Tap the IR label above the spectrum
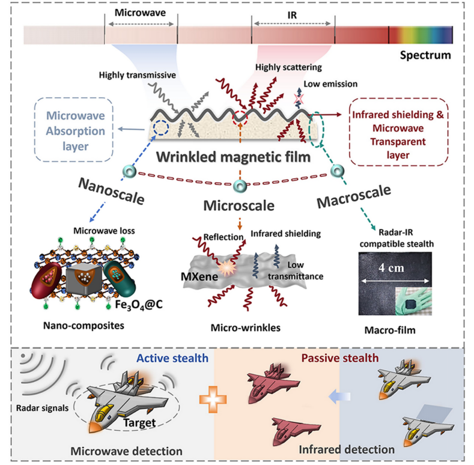click(x=292, y=12)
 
